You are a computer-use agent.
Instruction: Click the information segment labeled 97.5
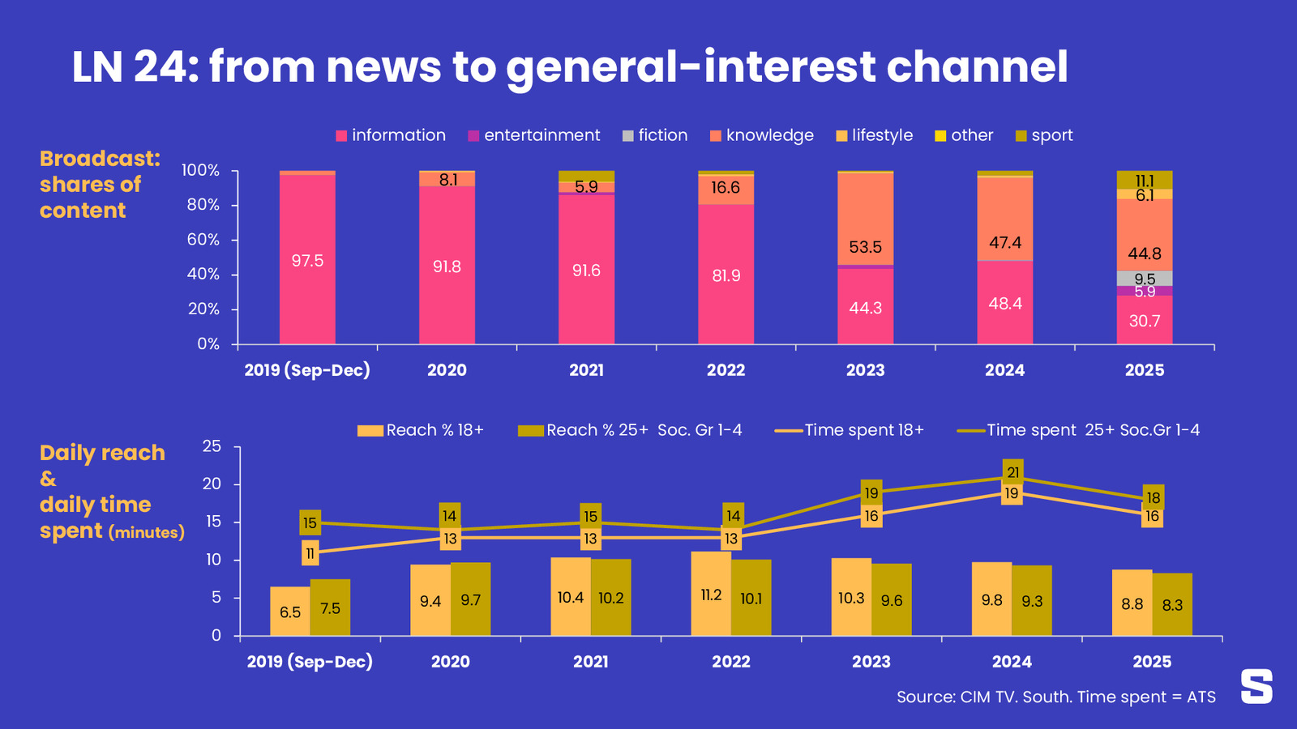(x=307, y=260)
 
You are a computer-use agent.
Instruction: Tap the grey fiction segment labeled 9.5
(x=1144, y=279)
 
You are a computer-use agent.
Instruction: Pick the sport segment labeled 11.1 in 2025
(x=1144, y=180)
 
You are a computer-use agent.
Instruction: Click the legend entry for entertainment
(x=534, y=135)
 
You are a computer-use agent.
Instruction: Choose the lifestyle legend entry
(x=875, y=135)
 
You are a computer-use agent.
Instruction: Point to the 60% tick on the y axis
(x=203, y=240)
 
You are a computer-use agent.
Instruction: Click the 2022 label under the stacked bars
(x=726, y=370)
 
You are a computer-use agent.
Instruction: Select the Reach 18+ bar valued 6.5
(x=290, y=612)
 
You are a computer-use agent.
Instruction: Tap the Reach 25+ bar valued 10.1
(x=751, y=598)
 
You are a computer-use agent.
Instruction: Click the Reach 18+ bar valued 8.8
(x=1132, y=603)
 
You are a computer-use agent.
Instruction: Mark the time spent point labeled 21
(x=1012, y=472)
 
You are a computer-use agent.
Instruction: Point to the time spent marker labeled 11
(x=310, y=553)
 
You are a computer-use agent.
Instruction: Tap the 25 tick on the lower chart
(x=212, y=446)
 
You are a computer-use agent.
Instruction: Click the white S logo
(x=1256, y=686)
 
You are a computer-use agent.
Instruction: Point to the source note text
(x=1055, y=697)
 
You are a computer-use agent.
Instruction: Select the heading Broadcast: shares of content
(x=99, y=185)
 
